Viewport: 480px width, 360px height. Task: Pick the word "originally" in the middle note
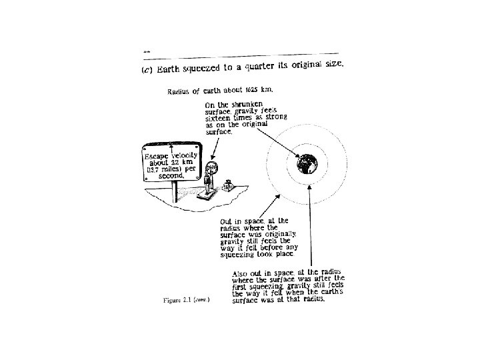click(x=288, y=235)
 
